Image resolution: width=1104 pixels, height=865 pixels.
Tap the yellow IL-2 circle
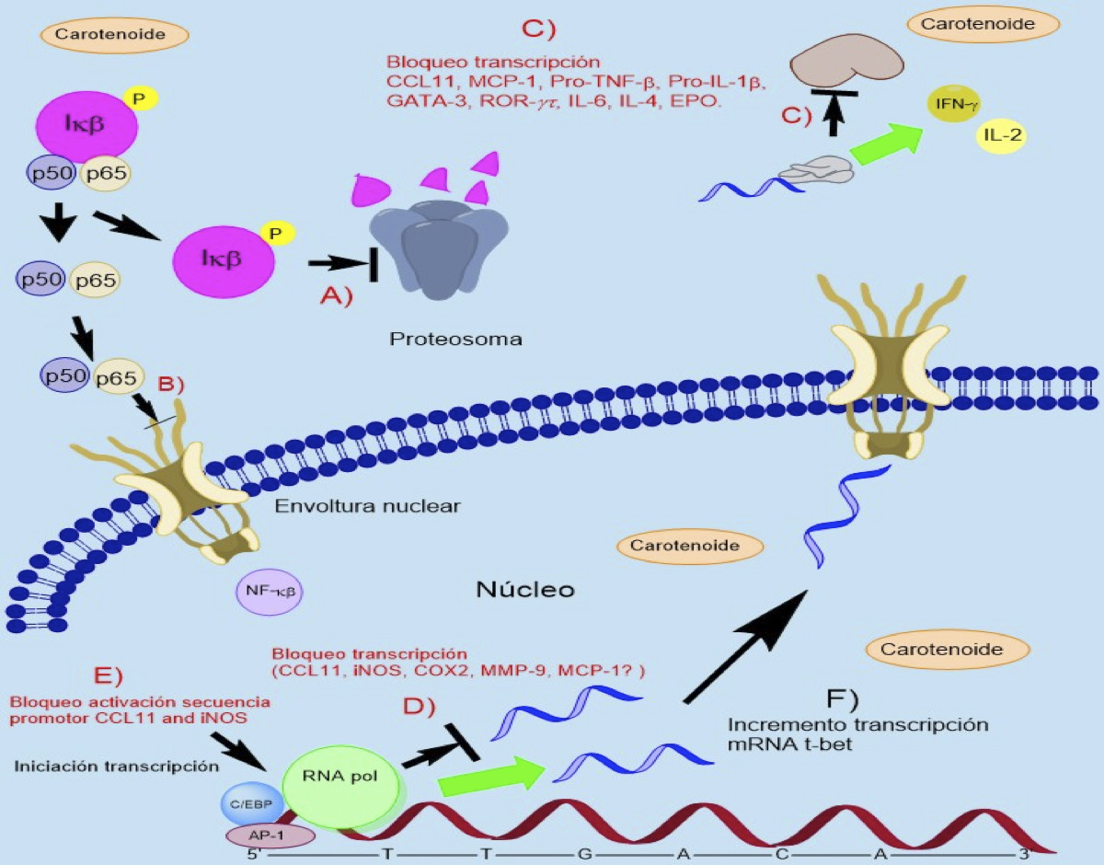coord(1003,137)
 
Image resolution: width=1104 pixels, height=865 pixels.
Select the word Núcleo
coord(525,588)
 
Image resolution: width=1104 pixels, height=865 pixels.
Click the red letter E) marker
coord(109,674)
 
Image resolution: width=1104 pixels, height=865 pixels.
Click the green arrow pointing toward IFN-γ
coord(885,144)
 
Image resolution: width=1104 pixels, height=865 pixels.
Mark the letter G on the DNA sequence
coord(584,853)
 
